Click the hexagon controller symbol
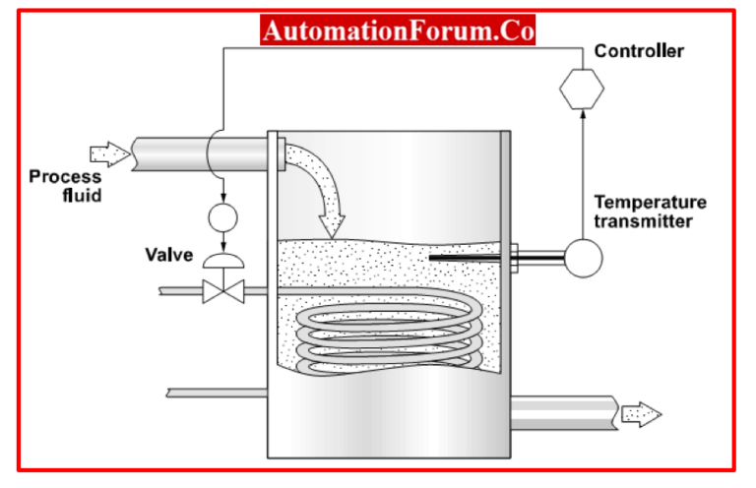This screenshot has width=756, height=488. pyautogui.click(x=581, y=89)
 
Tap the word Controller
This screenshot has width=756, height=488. pyautogui.click(x=639, y=50)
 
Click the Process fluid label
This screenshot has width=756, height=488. pyautogui.click(x=65, y=185)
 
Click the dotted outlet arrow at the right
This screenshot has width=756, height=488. pyautogui.click(x=643, y=414)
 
